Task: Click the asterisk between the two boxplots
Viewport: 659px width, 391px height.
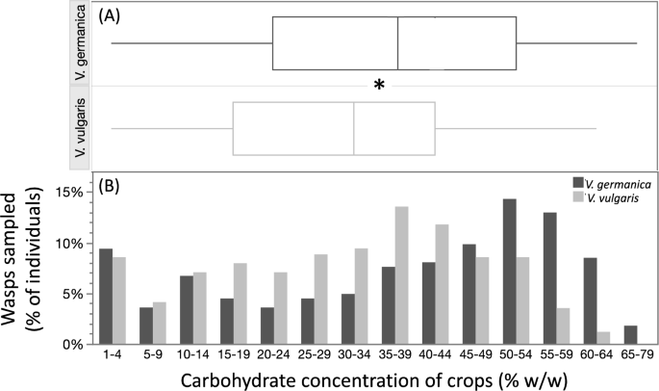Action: (x=380, y=87)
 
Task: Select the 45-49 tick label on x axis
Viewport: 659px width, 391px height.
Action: (x=469, y=358)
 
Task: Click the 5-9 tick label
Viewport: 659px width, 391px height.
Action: (x=155, y=358)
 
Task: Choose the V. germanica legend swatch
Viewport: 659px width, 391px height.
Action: (x=578, y=182)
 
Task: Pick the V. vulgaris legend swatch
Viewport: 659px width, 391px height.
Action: (x=578, y=196)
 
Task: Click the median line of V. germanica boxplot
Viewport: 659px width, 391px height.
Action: (x=398, y=43)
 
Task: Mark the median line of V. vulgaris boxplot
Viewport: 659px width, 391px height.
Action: (x=354, y=128)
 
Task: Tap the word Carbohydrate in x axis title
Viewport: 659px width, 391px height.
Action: (x=223, y=379)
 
